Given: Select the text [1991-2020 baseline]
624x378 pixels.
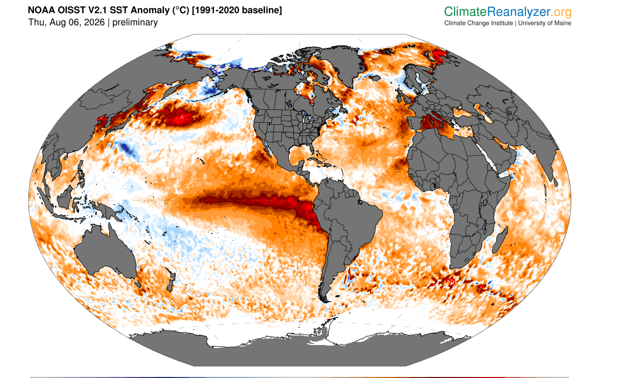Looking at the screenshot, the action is tap(237, 10).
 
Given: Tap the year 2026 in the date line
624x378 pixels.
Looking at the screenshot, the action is tap(94, 22).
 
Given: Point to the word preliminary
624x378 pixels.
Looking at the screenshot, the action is tap(135, 22).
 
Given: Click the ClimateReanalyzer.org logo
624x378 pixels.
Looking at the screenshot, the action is tap(508, 11).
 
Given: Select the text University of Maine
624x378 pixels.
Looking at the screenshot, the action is tap(545, 23).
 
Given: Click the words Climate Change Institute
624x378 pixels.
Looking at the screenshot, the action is tap(478, 23).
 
